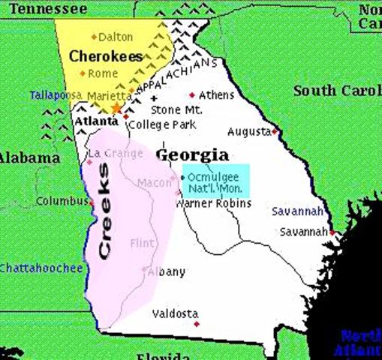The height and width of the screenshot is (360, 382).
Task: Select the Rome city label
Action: coord(104,73)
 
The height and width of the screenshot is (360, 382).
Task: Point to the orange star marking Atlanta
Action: coord(116,109)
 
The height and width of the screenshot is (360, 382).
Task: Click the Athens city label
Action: coord(216,95)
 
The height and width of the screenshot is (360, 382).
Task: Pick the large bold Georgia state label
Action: coord(192,154)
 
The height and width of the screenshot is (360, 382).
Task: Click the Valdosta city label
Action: coord(175,313)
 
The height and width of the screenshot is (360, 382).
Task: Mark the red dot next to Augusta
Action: coord(275,131)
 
